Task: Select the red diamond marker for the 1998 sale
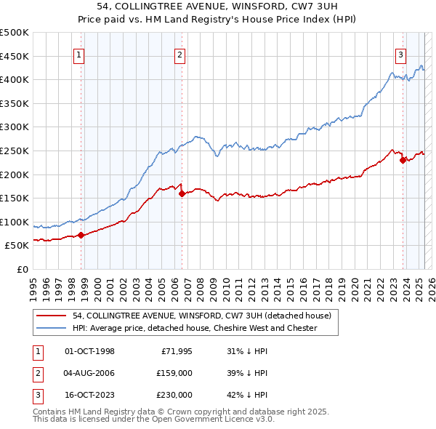[x=81, y=235]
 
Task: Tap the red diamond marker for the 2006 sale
[x=182, y=193]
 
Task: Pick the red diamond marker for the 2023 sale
[x=403, y=160]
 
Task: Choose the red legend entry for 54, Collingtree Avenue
[x=201, y=316]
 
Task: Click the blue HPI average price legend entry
[x=194, y=328]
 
